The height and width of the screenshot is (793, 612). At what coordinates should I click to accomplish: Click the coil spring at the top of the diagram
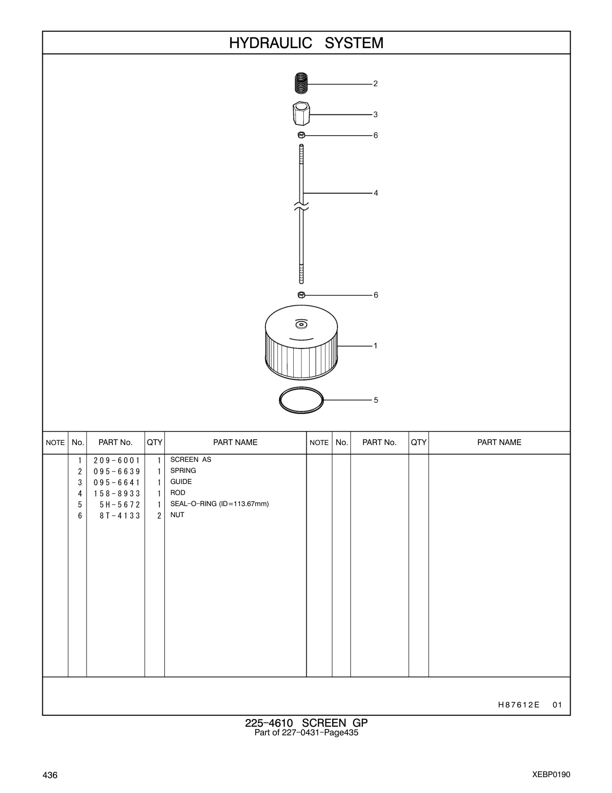tap(301, 83)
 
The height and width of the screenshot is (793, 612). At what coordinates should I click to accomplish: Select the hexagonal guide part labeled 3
tap(301, 113)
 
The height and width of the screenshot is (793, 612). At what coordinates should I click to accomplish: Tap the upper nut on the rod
tap(301, 135)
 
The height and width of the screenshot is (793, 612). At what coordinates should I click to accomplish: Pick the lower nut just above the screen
tap(301, 295)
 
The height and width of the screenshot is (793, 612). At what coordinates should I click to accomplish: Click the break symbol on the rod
tap(301, 207)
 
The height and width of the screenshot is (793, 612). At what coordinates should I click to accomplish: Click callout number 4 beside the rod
tap(376, 193)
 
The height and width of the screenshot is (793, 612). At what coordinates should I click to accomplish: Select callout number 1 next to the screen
tap(375, 346)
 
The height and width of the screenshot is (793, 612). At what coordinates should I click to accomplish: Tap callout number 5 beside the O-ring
tap(376, 400)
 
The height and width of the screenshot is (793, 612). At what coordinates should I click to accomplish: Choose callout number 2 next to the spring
tap(375, 84)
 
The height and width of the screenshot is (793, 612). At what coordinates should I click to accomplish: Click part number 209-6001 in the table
tap(117, 460)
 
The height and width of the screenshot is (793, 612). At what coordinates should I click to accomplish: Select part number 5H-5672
tap(120, 505)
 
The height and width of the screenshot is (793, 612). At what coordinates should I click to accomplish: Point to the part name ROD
tap(178, 493)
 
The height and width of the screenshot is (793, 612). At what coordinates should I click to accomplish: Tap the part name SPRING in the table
tap(183, 471)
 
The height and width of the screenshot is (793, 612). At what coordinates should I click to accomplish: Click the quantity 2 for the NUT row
tap(159, 516)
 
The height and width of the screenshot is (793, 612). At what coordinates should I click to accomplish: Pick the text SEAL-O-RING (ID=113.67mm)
tap(220, 504)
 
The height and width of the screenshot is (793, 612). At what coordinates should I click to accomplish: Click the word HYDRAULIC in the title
tap(270, 43)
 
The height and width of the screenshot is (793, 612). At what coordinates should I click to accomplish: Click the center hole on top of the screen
tap(301, 324)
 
